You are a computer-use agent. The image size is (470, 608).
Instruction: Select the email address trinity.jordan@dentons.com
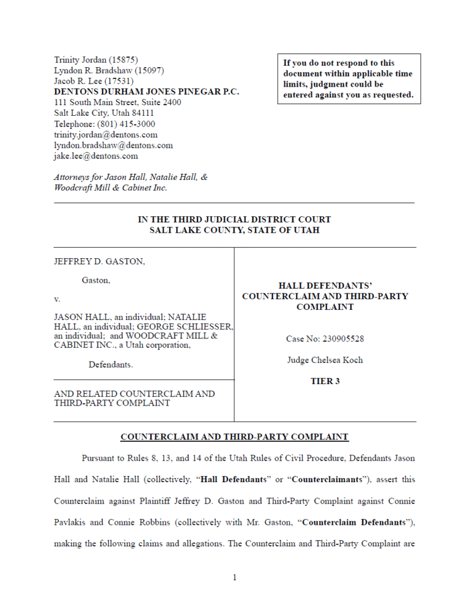coord(106,135)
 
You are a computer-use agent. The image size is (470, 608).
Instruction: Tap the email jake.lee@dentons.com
coord(96,156)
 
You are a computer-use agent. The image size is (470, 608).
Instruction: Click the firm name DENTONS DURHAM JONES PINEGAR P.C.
coord(147,92)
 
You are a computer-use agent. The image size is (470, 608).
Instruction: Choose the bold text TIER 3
coord(325,381)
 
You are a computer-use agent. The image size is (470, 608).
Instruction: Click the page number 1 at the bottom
coord(235,578)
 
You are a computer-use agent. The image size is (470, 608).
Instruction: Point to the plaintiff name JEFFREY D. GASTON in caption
coord(99,261)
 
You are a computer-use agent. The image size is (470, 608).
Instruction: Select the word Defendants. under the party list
coord(111,365)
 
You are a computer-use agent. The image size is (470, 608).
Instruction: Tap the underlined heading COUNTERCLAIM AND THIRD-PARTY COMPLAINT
coord(234,437)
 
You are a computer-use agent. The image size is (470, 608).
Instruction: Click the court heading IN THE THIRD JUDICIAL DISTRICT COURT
coord(234,220)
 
